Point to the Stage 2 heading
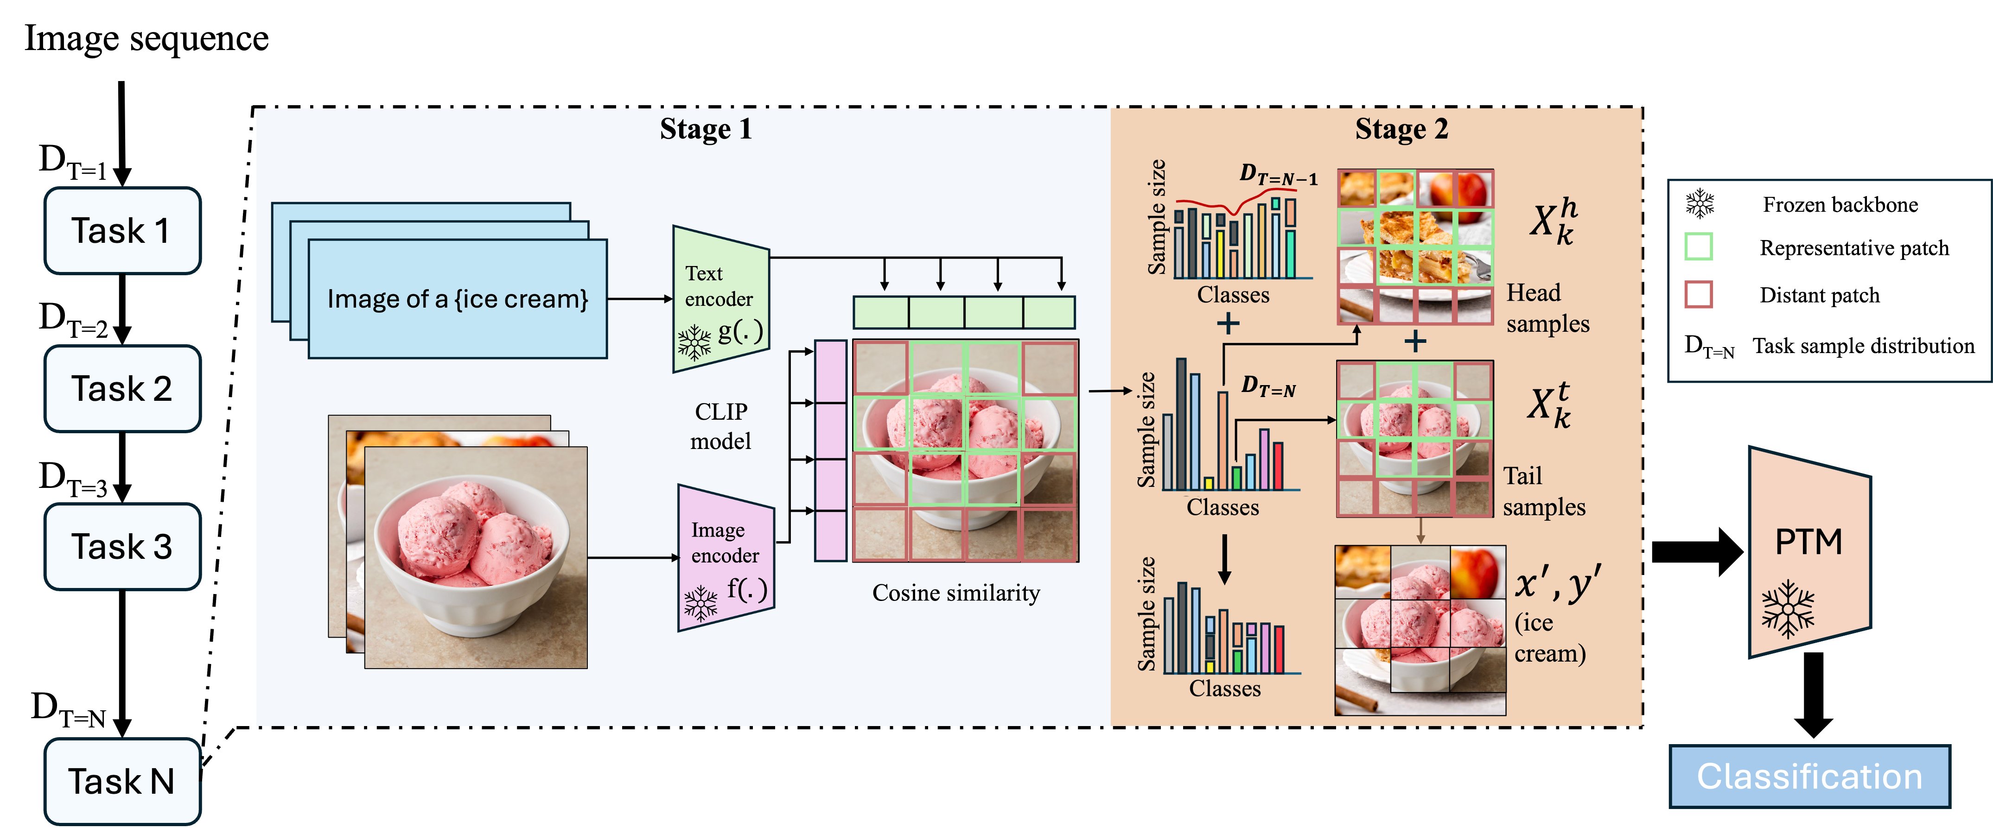(x=1401, y=129)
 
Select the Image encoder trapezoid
(x=725, y=556)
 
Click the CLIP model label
(x=720, y=426)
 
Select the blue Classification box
(x=1809, y=776)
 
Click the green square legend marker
(x=1698, y=247)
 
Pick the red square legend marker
(x=1698, y=295)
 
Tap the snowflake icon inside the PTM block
(x=1788, y=608)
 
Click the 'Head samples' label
(x=1547, y=308)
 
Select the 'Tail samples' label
(x=1543, y=491)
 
